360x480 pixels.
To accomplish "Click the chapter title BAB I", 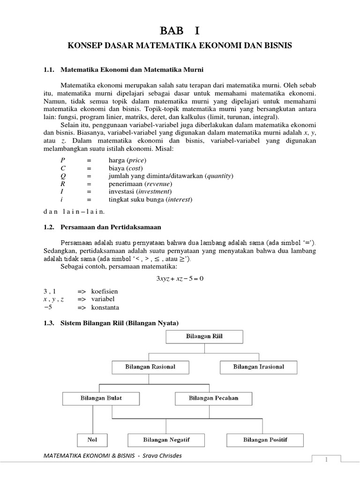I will coord(180,31).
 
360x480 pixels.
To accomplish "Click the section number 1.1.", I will coord(49,69).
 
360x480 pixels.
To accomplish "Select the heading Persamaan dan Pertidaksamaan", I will coord(111,227).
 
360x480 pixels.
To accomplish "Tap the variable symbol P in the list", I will coord(55,160).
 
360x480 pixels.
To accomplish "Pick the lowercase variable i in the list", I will coord(55,199).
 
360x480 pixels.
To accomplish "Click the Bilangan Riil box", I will coord(204,336).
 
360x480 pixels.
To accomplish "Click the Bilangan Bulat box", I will coord(95,398).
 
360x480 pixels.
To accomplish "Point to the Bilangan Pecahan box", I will coord(213,398).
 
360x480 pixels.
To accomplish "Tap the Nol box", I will coord(92,440).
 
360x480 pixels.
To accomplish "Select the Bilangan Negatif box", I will coord(166,440).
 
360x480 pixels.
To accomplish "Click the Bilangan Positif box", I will coord(265,440).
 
